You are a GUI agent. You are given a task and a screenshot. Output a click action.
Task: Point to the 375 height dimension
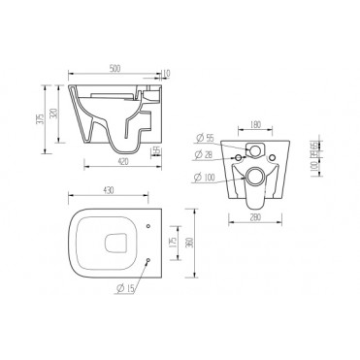point(38,117)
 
